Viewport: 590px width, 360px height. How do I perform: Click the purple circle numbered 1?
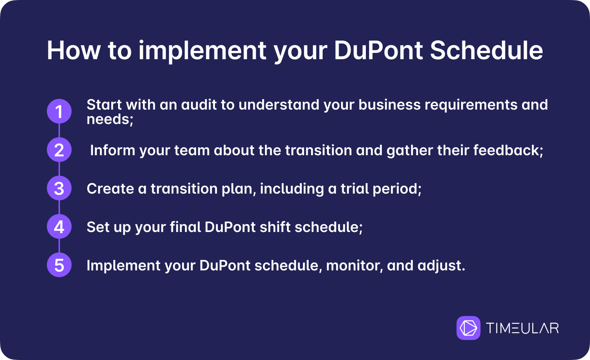(59, 111)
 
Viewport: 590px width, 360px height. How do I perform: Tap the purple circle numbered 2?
(59, 150)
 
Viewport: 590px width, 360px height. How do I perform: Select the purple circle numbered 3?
(59, 188)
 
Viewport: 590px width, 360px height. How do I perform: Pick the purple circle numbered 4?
(59, 226)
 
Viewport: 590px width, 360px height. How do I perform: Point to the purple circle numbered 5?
(59, 265)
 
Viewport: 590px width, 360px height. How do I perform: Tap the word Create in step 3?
(110, 189)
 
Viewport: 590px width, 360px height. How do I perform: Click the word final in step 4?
(185, 227)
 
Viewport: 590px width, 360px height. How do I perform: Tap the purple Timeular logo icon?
(468, 328)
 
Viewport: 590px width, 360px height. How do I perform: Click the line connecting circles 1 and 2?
(59, 130)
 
